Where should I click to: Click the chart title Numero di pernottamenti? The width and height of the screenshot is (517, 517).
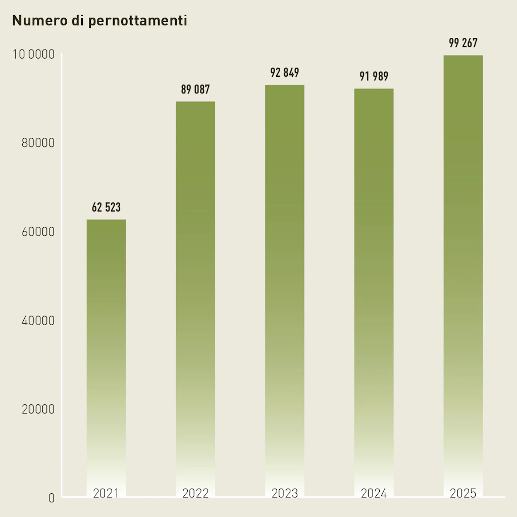pos(99,21)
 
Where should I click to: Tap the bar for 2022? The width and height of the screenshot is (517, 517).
pos(195,293)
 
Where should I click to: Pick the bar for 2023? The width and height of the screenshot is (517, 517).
pos(285,283)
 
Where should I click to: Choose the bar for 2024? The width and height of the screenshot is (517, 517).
pos(374,285)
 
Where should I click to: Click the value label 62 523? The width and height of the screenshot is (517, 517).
pos(106,208)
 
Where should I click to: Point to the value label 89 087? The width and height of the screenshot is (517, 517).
pos(195,90)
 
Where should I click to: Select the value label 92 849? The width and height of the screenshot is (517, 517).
pos(285,73)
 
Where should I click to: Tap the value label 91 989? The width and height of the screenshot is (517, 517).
pos(374,77)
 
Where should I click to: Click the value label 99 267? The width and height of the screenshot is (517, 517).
pos(463,43)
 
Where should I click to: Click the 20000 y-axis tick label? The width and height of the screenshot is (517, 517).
pos(38,409)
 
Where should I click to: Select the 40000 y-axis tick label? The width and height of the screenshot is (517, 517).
pos(38,321)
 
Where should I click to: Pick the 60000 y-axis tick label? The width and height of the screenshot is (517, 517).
pos(38,232)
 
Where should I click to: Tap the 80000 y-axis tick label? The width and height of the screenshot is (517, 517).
pos(38,143)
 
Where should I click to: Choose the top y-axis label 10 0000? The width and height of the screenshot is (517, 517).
pos(33,55)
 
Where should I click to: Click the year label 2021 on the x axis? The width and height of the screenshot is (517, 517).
pos(106,493)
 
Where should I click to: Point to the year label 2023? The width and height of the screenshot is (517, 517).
pos(285,493)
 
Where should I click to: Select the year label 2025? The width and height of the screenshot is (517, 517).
pos(463,493)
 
